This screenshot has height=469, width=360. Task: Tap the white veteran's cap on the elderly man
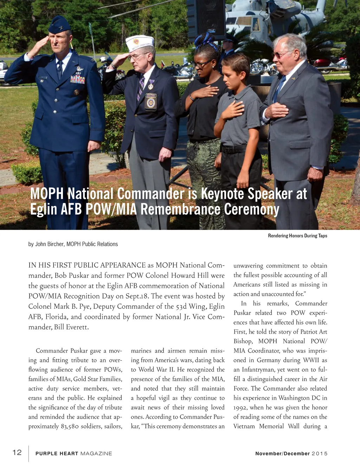coord(140,43)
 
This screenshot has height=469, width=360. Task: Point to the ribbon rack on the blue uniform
coord(78,79)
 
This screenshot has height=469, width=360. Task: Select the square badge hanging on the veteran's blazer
coord(151,102)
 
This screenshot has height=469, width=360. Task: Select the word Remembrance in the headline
coord(181,209)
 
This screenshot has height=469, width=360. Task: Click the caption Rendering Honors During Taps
coord(297,236)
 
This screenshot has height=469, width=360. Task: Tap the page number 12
coord(17,452)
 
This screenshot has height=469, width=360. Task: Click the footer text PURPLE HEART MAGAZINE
coord(74,454)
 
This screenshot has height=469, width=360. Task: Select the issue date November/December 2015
coord(291,454)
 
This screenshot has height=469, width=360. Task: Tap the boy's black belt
coord(233,149)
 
